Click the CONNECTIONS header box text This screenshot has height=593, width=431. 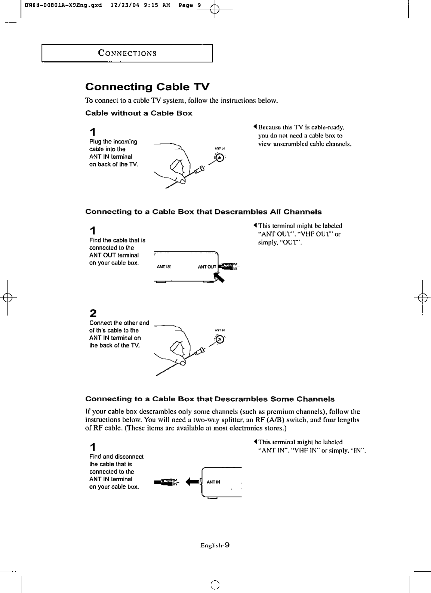click(x=127, y=53)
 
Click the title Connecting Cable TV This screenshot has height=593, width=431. click(x=147, y=87)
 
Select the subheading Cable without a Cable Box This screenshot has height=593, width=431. click(x=139, y=113)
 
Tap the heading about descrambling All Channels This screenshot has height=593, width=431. click(x=203, y=212)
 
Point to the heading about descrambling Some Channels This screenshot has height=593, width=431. click(x=210, y=399)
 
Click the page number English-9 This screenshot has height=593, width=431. click(x=215, y=545)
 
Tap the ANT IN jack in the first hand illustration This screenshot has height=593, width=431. click(x=220, y=158)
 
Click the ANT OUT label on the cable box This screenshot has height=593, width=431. click(x=207, y=267)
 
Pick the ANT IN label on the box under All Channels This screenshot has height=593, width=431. click(x=164, y=267)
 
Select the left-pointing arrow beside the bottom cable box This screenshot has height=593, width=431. click(x=192, y=482)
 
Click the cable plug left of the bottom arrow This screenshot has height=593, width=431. click(x=166, y=482)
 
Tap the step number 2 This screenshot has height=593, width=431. click(x=93, y=313)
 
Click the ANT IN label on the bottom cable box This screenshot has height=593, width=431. click(x=213, y=482)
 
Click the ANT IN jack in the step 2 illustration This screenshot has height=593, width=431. click(x=220, y=339)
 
